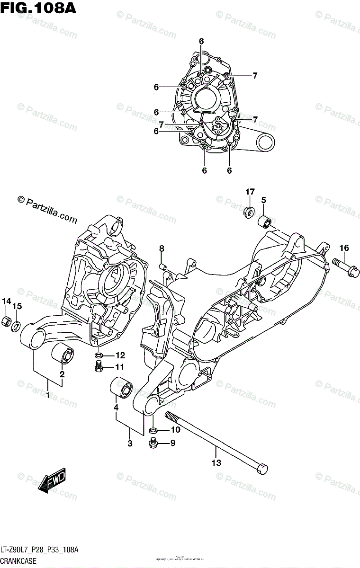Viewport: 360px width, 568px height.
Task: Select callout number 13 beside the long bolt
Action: point(216,463)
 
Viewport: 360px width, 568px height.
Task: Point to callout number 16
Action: point(344,248)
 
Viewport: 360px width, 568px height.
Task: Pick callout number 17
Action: point(250,192)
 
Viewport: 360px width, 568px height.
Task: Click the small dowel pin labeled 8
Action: point(163,267)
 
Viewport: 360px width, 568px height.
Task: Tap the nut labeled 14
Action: point(7,321)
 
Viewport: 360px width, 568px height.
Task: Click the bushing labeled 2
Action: point(63,354)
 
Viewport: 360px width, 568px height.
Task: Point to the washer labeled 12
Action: point(98,356)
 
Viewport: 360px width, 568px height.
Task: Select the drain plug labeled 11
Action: point(99,366)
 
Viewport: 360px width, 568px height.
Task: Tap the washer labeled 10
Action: point(153,430)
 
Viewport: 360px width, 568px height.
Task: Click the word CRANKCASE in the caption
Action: point(21,559)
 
